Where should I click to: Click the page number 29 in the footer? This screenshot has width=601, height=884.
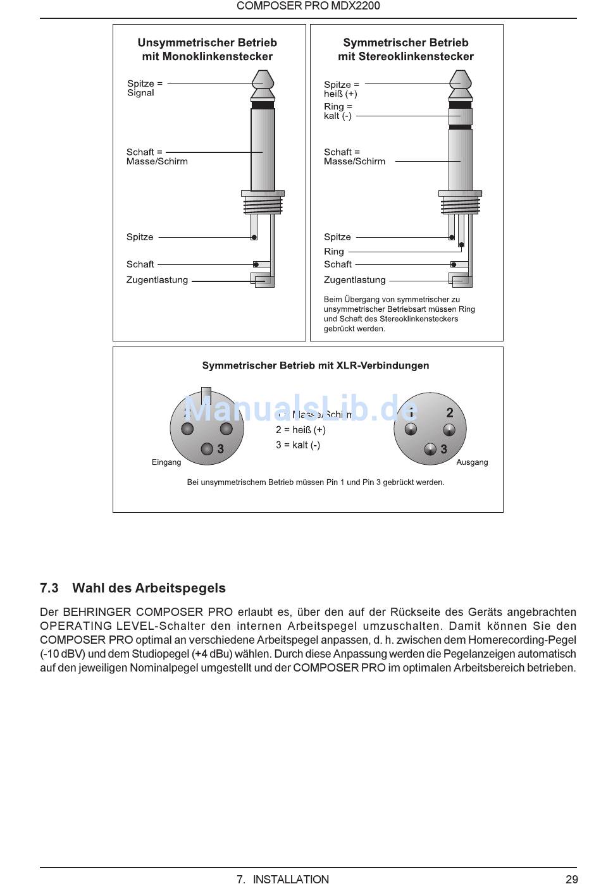click(571, 878)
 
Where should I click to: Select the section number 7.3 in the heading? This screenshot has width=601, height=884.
click(49, 588)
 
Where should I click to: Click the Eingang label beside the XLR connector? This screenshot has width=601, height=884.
click(166, 462)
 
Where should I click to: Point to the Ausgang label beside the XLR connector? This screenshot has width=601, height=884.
click(472, 462)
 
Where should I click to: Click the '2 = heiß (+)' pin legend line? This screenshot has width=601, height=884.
click(300, 430)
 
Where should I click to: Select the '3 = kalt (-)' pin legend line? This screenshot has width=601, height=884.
click(298, 445)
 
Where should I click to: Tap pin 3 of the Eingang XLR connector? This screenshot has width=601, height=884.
click(207, 449)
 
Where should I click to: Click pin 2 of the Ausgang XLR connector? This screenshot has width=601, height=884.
click(449, 431)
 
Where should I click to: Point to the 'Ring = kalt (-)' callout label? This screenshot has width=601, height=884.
click(338, 111)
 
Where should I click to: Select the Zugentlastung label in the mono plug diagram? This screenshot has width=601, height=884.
click(157, 280)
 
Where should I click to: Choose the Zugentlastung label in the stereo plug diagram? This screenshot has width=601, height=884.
click(354, 280)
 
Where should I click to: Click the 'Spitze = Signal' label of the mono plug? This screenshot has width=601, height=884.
click(144, 88)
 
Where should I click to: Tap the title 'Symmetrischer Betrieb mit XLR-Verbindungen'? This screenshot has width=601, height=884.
click(315, 365)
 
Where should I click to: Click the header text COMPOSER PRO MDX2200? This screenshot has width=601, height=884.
click(308, 6)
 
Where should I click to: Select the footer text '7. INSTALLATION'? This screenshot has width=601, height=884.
click(283, 878)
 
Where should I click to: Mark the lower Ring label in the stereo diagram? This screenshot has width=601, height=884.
click(334, 252)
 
